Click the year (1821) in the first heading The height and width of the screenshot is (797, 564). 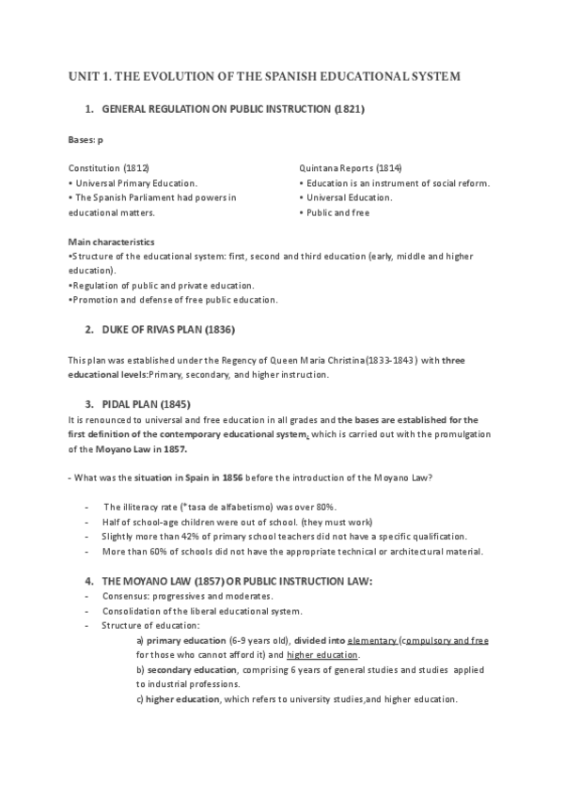(x=349, y=110)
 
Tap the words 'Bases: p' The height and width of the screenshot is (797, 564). (x=86, y=140)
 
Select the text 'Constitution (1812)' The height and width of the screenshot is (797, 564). (x=108, y=167)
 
